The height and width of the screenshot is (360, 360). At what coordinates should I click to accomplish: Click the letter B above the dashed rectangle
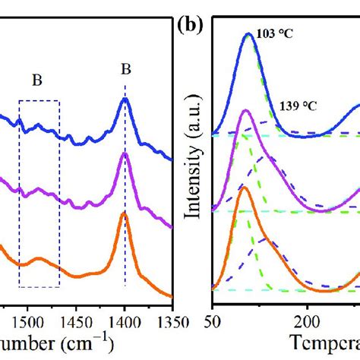click(37, 79)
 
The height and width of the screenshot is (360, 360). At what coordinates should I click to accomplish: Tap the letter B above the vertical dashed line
click(125, 70)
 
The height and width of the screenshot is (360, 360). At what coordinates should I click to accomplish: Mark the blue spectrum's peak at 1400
click(125, 100)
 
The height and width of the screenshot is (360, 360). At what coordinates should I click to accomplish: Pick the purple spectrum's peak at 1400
click(125, 155)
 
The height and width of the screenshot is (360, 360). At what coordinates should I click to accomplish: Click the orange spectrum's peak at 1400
click(125, 215)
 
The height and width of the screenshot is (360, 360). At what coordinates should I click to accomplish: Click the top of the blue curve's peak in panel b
click(248, 35)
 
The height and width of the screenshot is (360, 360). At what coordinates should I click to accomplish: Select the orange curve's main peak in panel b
click(243, 188)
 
